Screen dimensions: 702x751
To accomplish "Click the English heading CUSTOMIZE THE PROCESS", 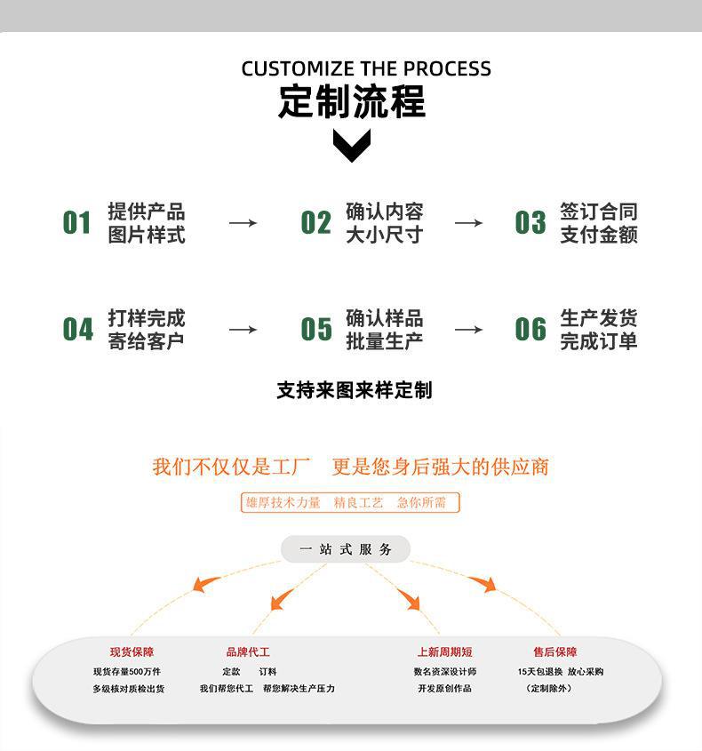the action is (366, 68).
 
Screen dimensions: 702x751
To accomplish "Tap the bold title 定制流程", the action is (352, 101).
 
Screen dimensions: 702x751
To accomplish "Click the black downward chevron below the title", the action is (352, 146).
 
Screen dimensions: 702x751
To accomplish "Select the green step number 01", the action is (76, 223).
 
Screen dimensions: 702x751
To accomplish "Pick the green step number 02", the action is (316, 223).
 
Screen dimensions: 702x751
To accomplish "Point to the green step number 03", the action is (530, 223).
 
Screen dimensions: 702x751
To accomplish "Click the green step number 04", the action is (77, 329).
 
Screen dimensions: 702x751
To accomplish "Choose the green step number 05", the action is (316, 329).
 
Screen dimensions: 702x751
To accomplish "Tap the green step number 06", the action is (530, 329).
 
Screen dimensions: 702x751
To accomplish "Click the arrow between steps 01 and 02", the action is (243, 223).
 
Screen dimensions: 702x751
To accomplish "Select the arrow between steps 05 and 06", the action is (468, 330).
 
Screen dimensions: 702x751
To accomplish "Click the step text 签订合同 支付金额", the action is (599, 223).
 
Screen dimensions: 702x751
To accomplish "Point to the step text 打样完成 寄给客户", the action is (146, 330).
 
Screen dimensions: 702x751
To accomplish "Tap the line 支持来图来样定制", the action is (355, 390).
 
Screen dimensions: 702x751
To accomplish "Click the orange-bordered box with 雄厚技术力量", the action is (350, 502).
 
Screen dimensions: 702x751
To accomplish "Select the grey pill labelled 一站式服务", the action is (346, 549).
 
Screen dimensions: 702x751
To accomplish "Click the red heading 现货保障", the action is (132, 651).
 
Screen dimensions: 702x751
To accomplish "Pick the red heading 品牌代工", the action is (248, 651).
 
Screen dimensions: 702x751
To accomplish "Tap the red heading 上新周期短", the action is (445, 651).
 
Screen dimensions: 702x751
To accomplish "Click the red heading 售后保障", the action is (555, 651).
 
